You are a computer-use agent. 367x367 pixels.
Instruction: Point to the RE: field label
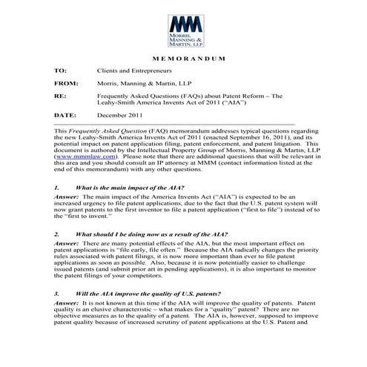(x=60, y=96)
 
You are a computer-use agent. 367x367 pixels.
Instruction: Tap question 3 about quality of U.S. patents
(x=148, y=293)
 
